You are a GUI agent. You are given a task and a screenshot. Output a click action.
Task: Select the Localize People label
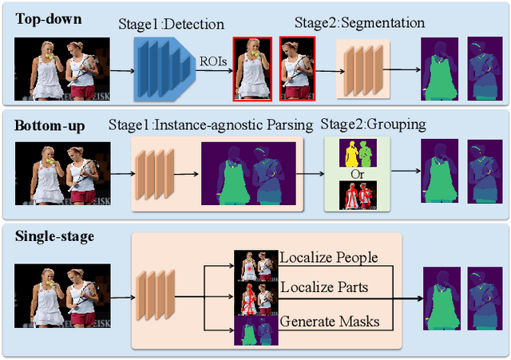328,258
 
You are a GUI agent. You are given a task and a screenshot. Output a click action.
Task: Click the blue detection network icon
164,70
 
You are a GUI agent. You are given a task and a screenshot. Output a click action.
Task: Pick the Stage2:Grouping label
373,125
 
